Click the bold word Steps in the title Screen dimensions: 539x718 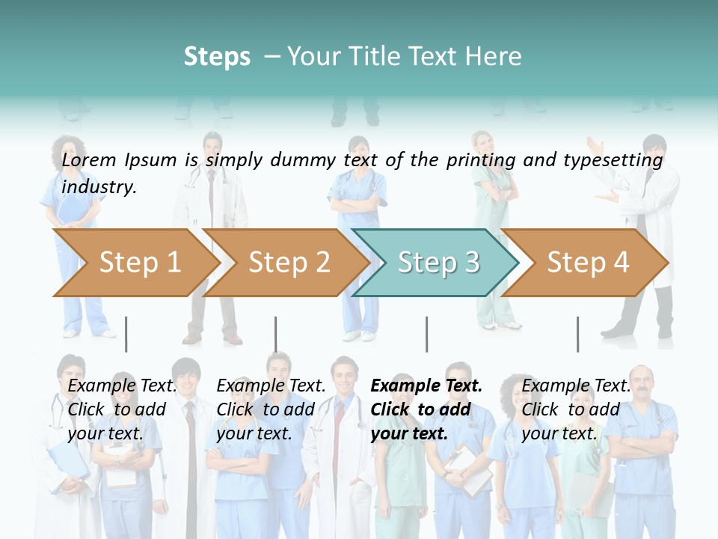[217, 57]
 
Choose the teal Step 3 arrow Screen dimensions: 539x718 [438, 262]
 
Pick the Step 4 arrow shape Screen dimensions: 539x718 [588, 262]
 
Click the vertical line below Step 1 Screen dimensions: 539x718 [126, 334]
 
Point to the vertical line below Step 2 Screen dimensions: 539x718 [276, 334]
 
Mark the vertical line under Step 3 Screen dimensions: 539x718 [426, 334]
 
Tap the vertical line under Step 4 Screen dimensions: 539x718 [577, 334]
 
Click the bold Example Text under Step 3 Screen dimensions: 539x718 [426, 386]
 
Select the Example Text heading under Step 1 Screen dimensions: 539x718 [122, 386]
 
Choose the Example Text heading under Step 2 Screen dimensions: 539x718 [271, 386]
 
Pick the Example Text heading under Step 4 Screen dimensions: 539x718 [576, 386]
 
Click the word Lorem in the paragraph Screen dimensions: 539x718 [89, 159]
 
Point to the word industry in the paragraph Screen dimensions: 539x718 [99, 187]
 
